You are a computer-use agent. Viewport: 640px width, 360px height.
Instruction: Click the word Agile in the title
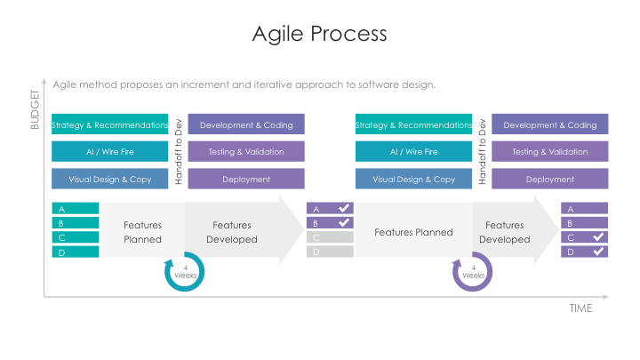coord(277,34)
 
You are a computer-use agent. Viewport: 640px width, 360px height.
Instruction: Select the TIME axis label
coord(580,308)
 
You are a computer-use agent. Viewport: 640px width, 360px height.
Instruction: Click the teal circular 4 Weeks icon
coord(185,272)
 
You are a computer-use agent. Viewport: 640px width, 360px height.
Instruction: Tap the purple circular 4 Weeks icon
coord(473,272)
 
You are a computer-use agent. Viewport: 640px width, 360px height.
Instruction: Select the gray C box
coord(330,237)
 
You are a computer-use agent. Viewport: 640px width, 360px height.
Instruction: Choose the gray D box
coord(330,252)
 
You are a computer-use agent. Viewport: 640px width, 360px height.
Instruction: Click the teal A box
coord(76,209)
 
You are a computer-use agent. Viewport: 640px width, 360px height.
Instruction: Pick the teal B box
coord(76,223)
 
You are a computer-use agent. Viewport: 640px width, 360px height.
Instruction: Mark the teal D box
coord(76,252)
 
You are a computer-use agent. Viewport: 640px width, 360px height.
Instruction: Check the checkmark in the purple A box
coord(344,209)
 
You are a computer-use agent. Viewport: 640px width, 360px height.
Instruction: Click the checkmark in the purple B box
coord(344,223)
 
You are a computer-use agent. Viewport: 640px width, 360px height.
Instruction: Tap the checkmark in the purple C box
coord(598,237)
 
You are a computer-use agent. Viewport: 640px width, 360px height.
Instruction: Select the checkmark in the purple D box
coord(598,252)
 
